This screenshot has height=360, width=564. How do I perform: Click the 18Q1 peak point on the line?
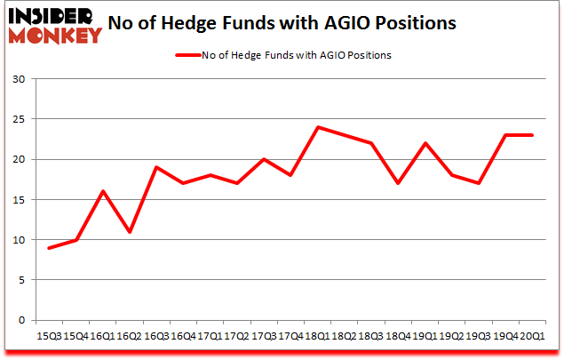[317, 127]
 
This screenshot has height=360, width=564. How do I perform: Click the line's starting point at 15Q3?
[49, 248]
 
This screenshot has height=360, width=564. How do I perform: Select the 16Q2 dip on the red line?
[129, 232]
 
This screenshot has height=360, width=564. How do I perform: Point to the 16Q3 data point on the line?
[155, 167]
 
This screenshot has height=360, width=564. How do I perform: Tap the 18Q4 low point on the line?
[398, 183]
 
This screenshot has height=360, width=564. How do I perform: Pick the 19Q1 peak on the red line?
[425, 143]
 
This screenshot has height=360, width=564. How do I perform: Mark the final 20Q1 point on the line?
[532, 135]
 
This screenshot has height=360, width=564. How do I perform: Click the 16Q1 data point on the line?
[102, 191]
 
